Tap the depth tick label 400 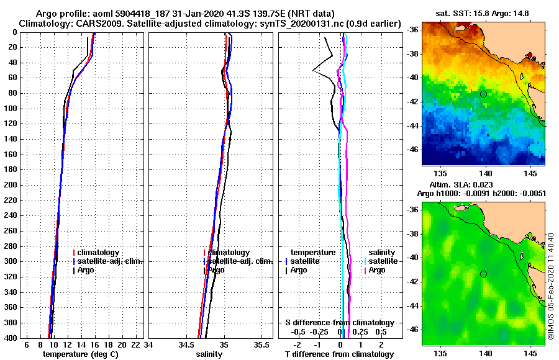click(x=11, y=338)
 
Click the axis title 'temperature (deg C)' click(x=80, y=354)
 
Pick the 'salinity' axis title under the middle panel click(x=209, y=354)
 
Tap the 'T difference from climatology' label click(x=339, y=354)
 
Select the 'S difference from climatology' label click(x=339, y=323)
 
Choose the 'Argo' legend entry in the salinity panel click(x=216, y=270)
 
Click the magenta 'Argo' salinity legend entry click(x=377, y=270)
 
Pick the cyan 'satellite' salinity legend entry click(x=381, y=261)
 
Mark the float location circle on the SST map click(x=483, y=94)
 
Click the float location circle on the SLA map click(x=483, y=274)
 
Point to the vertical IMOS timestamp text click(x=552, y=286)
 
